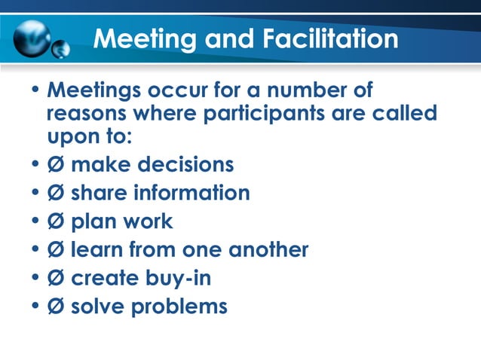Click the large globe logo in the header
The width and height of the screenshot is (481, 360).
(34, 38)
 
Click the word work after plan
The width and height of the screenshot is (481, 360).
(148, 221)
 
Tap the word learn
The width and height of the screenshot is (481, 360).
(95, 249)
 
